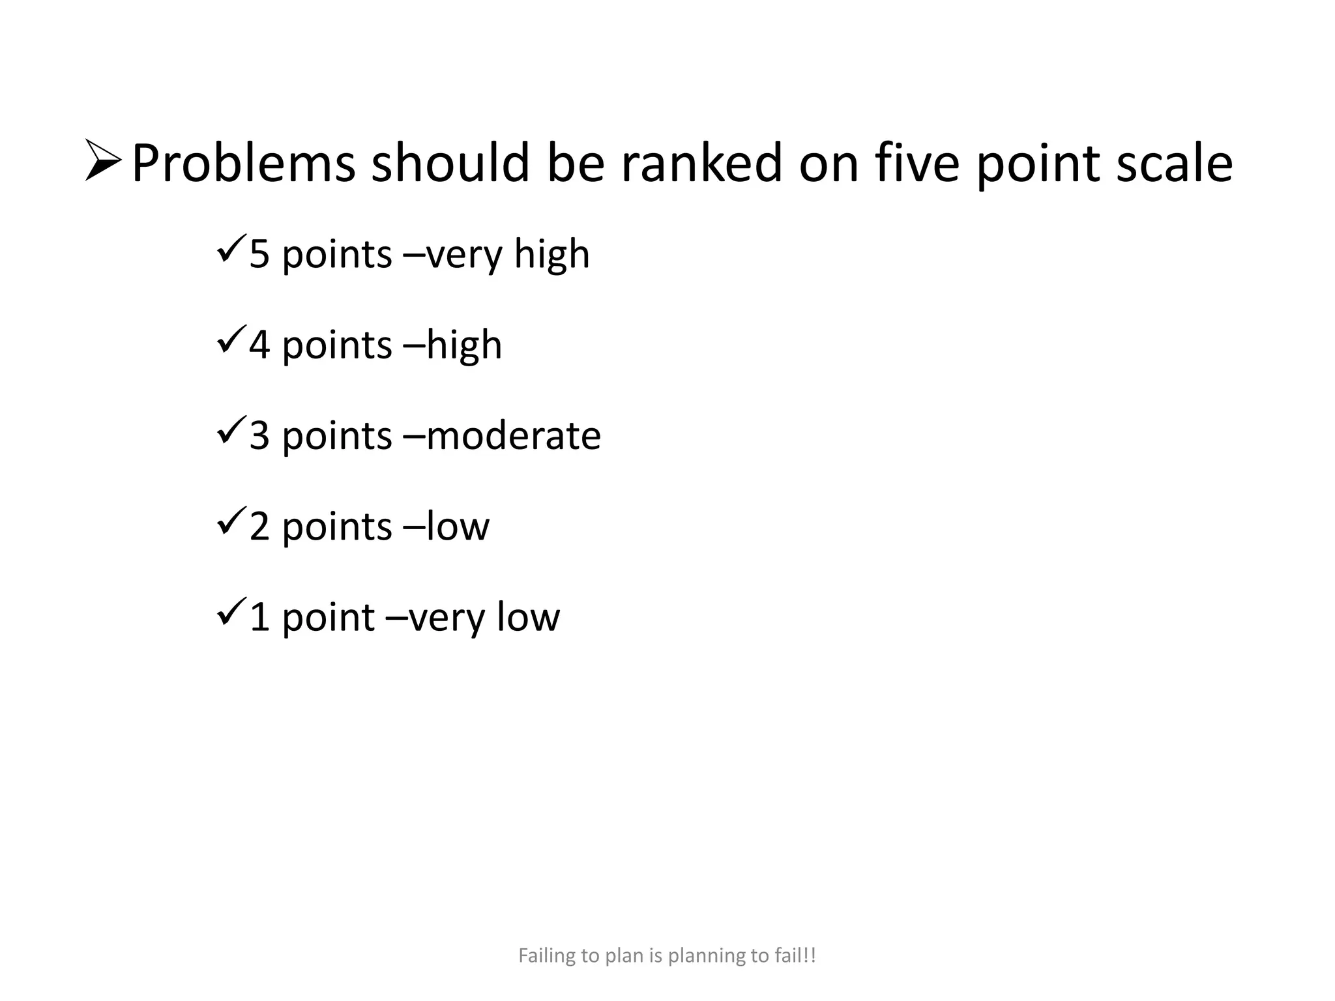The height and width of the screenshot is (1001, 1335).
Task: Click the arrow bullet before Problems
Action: pos(103,160)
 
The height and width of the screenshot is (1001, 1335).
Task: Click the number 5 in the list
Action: pos(259,254)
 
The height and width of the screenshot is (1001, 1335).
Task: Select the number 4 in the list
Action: pos(259,345)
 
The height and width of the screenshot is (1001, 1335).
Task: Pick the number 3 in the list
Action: pos(259,436)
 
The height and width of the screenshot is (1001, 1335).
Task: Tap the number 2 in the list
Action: pos(259,527)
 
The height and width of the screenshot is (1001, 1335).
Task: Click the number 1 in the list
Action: pos(259,617)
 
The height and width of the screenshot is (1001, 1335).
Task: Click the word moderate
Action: pos(514,436)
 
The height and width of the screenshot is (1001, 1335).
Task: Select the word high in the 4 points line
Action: pos(464,345)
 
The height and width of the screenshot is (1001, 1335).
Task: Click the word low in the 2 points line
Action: pos(458,527)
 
